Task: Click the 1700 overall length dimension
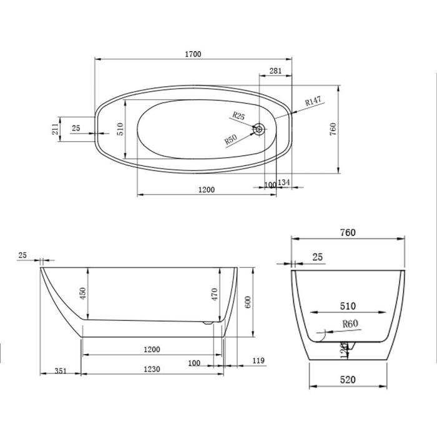pos(193,54)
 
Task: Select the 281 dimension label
pos(275,71)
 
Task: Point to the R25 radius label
pos(238,115)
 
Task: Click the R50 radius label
pos(231,140)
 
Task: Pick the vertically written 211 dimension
pos(55,129)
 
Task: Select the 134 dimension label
pos(284,182)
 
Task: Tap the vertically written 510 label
pos(120,129)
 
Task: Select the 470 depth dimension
pos(214,294)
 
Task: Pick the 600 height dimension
pos(247,303)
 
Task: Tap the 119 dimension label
pos(260,361)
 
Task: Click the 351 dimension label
pos(61,370)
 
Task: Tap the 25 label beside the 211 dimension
pos(76,128)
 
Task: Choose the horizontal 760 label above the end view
pos(348,232)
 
